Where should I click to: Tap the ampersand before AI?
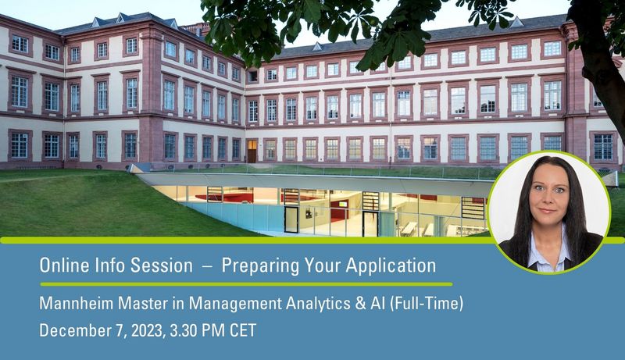[360, 304]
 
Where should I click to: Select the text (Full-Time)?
[426, 305]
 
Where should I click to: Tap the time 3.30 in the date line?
[184, 330]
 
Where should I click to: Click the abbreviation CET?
[242, 330]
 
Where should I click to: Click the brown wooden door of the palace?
[252, 151]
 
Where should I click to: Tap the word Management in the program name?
[235, 305]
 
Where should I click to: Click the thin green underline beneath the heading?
[246, 284]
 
